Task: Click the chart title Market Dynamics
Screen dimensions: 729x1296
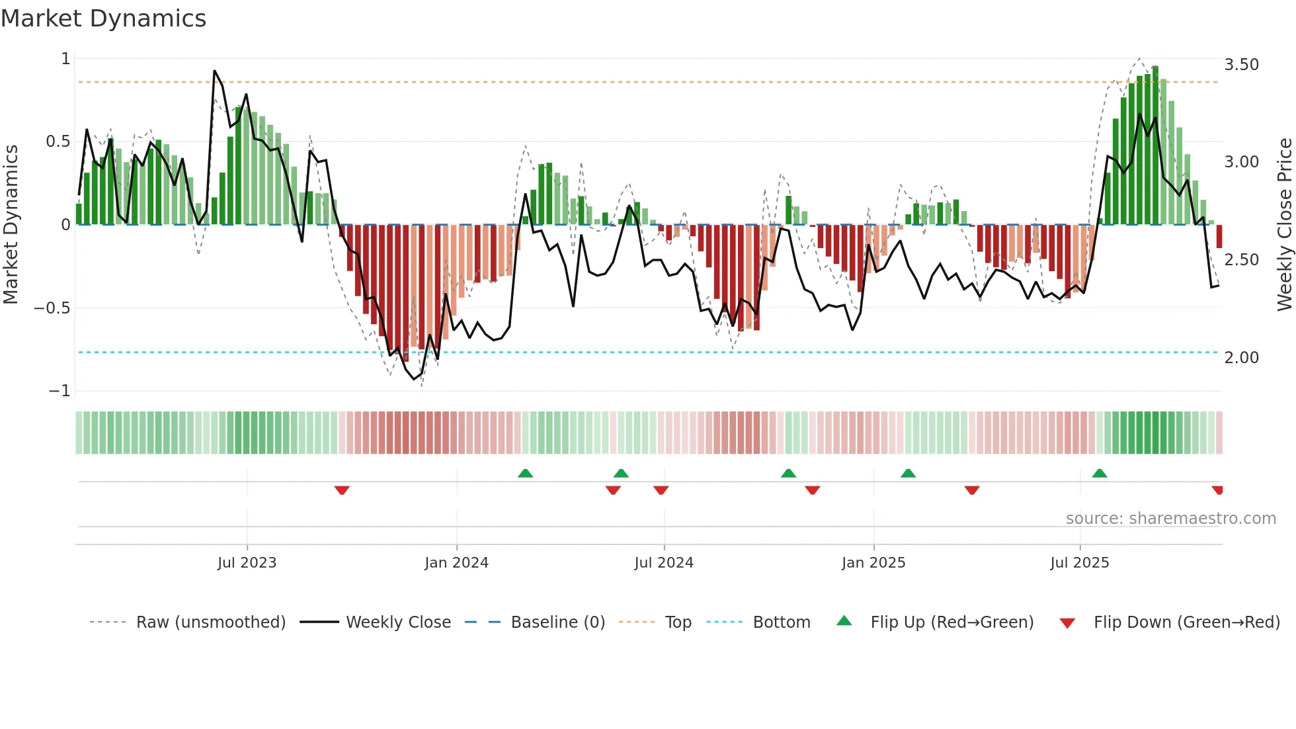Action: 104,19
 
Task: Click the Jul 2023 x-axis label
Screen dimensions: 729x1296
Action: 247,563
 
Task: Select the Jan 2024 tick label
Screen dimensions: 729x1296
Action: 456,563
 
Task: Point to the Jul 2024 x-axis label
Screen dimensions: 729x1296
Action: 664,563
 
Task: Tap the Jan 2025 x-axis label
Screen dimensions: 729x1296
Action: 873,563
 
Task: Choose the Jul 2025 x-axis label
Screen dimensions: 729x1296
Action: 1080,563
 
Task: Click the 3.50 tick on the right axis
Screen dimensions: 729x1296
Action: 1241,65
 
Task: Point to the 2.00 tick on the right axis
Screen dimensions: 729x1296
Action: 1241,358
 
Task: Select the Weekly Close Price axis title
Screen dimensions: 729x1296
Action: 1284,224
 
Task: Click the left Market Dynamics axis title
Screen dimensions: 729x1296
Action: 11,224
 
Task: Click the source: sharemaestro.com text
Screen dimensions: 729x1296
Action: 1170,519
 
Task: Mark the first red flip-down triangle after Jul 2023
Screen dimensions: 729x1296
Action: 342,490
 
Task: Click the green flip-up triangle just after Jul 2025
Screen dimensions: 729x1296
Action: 1100,474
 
